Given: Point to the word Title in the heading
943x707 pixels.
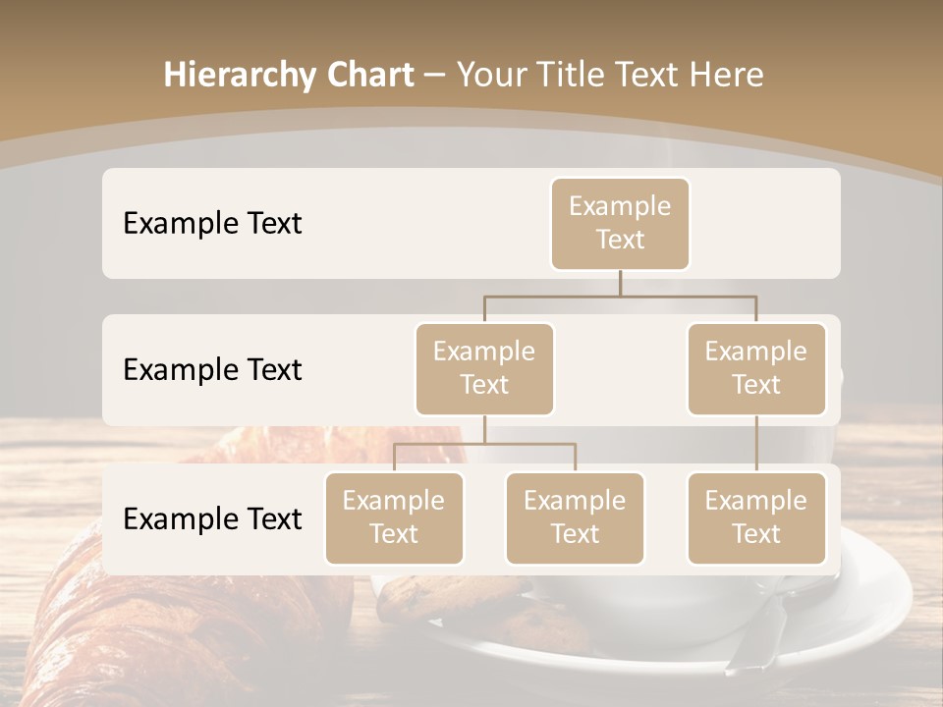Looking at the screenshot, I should coord(577,76).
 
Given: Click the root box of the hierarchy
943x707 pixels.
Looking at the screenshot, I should coord(620,223).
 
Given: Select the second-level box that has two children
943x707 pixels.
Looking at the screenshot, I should coord(484,368).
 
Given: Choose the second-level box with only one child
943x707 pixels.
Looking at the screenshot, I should coord(756,368).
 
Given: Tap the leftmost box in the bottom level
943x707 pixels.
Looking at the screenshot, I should coord(394,517).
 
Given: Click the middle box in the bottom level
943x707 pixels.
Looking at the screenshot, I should coord(575,517).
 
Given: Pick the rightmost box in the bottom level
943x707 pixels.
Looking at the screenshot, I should coord(756,517).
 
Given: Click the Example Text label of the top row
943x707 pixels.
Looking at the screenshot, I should coord(212,224).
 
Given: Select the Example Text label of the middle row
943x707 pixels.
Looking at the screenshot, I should coord(212,370).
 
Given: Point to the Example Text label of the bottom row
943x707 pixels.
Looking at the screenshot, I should coord(212,518).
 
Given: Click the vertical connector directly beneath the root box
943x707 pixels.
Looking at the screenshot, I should coord(620,283).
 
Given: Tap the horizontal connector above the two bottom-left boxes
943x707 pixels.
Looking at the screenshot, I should coord(484,444).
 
